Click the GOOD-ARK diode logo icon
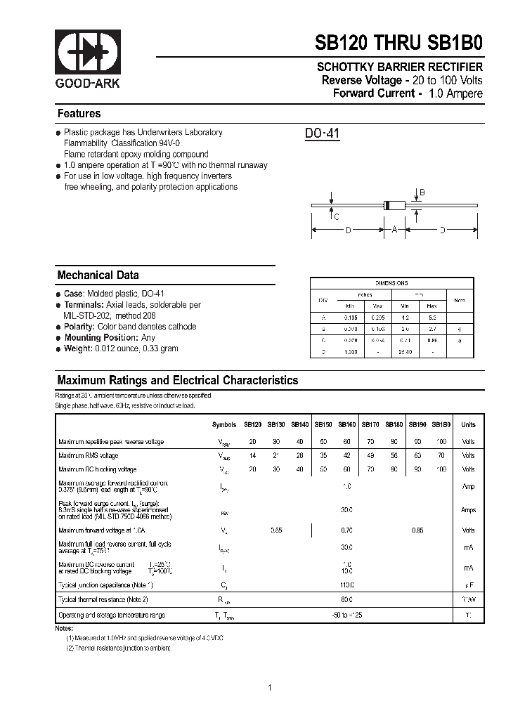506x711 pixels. click(89, 53)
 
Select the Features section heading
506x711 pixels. click(79, 114)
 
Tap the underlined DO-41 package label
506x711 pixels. click(322, 133)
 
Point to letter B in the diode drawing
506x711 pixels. click(422, 193)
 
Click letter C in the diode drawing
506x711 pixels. click(337, 217)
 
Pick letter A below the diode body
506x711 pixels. click(395, 230)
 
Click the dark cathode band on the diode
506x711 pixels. click(386, 205)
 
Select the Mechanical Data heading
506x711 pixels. click(98, 275)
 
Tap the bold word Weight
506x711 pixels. click(78, 348)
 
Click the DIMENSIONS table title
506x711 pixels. click(391, 283)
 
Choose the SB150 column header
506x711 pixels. click(323, 425)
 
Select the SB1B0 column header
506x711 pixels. click(441, 425)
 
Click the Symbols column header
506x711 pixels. click(224, 425)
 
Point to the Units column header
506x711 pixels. click(468, 425)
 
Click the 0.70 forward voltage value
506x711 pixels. click(346, 530)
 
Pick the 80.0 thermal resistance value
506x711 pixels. click(346, 600)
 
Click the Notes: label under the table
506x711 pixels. click(65, 628)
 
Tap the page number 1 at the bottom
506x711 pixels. click(270, 688)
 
